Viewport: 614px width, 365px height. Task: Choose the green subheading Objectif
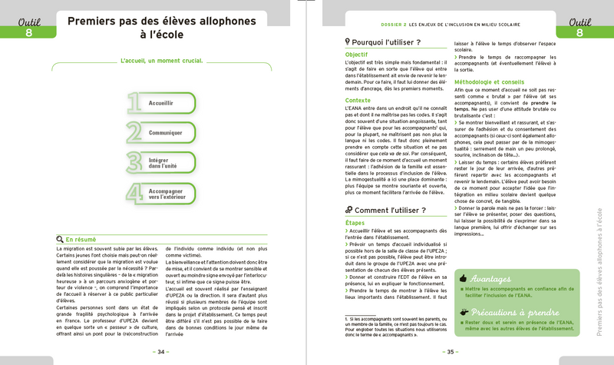(356, 55)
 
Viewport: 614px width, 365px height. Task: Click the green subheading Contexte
(357, 100)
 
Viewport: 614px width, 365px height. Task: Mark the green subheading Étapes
(355, 222)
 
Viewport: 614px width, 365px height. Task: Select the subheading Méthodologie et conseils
(494, 81)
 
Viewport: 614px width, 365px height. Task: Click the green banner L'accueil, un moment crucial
(161, 60)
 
